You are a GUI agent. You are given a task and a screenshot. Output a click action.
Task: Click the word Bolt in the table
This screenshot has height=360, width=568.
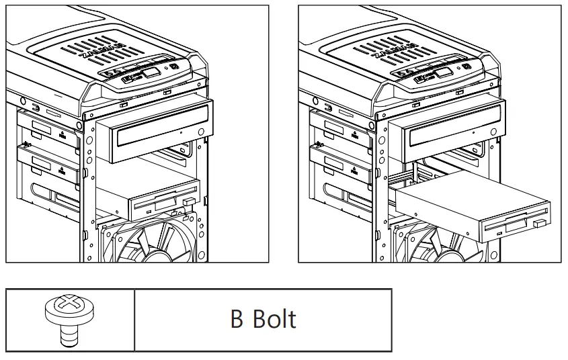pos(274,319)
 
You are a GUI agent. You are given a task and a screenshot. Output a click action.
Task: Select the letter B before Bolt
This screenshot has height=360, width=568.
pos(237,319)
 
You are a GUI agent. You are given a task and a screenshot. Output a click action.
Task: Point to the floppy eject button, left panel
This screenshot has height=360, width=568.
pos(189,201)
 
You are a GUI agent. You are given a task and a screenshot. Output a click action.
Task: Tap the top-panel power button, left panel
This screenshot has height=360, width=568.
pos(174,67)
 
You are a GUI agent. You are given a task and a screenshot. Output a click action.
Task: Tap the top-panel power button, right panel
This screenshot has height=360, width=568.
pos(465,67)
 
